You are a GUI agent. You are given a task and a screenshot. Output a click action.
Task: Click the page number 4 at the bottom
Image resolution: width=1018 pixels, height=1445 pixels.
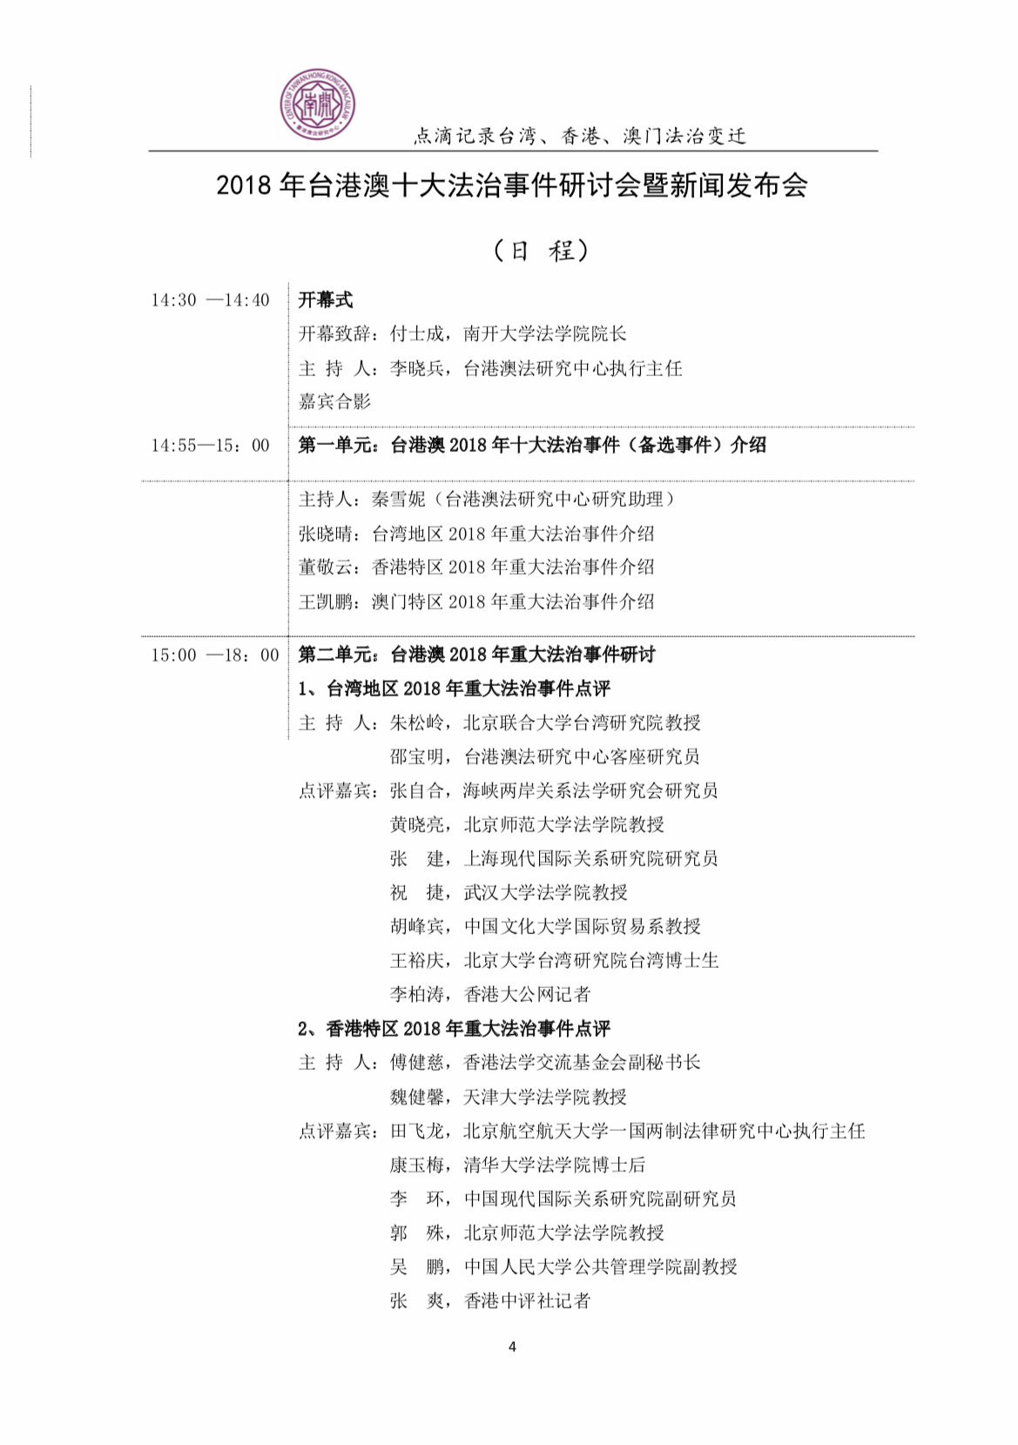click(x=512, y=1347)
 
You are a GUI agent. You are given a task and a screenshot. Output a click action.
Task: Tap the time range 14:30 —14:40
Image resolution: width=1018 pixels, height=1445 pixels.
click(x=210, y=300)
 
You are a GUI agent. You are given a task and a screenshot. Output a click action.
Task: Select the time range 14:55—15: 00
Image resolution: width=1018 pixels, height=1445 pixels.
click(x=210, y=446)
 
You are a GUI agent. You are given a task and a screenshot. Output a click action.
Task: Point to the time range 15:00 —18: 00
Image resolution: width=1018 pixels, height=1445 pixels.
click(x=214, y=655)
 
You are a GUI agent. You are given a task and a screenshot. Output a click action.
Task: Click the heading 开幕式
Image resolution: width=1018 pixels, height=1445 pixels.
click(x=326, y=300)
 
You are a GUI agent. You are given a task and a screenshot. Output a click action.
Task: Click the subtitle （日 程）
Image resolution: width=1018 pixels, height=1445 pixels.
click(x=540, y=251)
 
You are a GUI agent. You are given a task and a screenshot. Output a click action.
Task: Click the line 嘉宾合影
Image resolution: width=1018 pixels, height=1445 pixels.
click(x=334, y=401)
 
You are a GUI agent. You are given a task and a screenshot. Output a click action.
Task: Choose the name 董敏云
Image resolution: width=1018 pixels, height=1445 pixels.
click(x=326, y=568)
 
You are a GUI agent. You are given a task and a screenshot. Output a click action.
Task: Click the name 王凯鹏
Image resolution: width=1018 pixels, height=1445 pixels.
click(x=326, y=602)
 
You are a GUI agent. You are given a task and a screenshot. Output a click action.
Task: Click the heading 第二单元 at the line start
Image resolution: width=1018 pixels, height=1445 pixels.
click(x=336, y=655)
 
